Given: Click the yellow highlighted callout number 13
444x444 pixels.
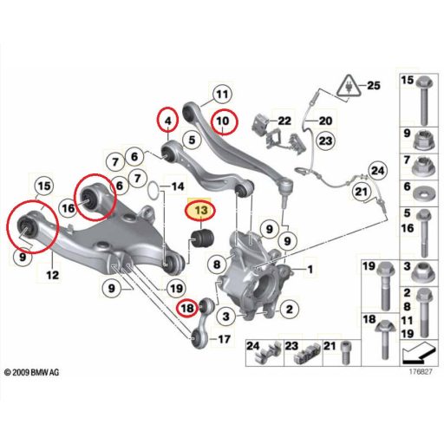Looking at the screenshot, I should tap(200, 211).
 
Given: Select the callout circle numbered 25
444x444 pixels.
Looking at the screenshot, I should tap(373, 86).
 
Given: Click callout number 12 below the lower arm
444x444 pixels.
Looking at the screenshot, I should tap(52, 275).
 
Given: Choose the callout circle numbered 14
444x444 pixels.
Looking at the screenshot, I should tap(175, 186).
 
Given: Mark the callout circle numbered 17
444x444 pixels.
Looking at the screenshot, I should tap(223, 338).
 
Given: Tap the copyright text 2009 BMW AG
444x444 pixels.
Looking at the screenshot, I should tap(36, 373).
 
